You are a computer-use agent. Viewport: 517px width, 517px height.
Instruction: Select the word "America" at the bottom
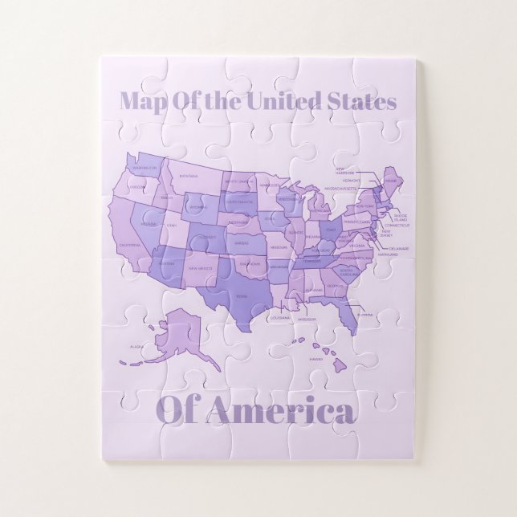279,411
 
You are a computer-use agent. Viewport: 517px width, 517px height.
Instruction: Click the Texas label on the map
241,297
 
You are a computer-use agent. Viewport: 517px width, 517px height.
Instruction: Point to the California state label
129,246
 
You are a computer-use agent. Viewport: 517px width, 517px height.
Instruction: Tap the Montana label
189,176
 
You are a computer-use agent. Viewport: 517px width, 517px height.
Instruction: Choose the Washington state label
145,168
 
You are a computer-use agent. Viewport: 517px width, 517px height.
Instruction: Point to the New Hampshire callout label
345,171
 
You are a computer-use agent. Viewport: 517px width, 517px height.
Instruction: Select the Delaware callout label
399,249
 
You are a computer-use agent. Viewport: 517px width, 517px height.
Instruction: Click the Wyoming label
197,208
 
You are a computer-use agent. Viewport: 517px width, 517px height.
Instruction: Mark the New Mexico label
200,268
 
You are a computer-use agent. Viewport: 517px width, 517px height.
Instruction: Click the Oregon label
137,187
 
